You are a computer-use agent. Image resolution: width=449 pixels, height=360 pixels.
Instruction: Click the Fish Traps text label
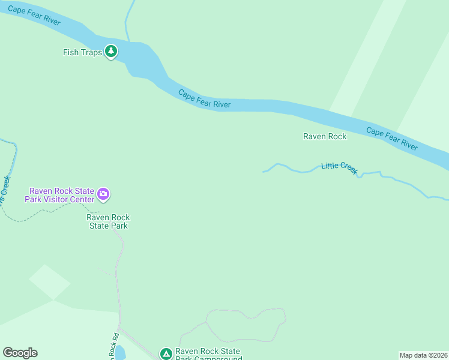(x=82, y=52)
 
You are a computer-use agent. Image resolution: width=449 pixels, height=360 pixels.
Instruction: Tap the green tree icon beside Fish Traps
(x=110, y=52)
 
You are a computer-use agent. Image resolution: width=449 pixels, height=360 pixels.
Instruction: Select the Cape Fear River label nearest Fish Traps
(x=34, y=14)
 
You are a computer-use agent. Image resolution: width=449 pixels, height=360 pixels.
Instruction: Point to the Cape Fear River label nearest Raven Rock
(x=391, y=139)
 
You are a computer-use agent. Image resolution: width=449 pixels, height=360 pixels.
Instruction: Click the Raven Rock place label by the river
(x=324, y=136)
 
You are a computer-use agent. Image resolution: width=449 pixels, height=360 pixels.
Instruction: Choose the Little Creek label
(x=340, y=167)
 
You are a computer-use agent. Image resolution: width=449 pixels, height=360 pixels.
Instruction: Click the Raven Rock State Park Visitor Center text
(x=59, y=195)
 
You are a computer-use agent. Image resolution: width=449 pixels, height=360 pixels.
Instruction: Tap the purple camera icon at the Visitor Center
(x=103, y=194)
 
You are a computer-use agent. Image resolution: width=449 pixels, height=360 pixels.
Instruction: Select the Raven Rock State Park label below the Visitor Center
(x=108, y=221)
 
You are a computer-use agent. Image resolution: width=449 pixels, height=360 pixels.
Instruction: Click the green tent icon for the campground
(x=166, y=354)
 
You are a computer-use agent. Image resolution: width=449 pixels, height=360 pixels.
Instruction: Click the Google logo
(x=20, y=353)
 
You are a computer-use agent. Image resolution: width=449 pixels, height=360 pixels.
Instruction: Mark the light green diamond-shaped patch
(x=49, y=281)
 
